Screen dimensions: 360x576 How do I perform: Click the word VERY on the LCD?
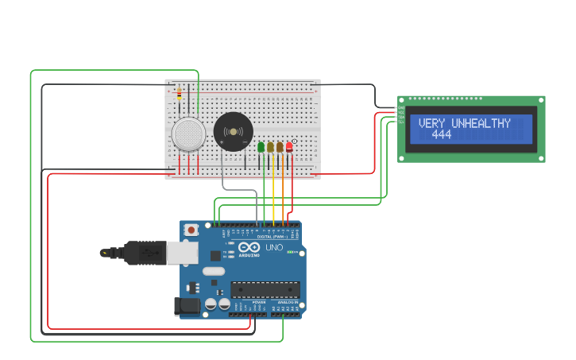point(433,123)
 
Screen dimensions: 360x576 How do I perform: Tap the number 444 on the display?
point(441,135)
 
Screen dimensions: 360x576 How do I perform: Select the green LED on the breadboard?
point(261,147)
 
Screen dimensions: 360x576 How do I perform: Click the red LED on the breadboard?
point(289,147)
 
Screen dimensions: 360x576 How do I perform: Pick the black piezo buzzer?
point(233,130)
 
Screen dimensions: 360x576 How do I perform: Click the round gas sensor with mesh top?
point(189,134)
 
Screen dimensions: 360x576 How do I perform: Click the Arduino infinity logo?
point(249,248)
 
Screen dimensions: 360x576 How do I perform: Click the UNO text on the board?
point(274,248)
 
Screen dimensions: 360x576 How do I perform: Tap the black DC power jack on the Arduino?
point(187,306)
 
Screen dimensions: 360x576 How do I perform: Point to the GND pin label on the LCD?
point(401,107)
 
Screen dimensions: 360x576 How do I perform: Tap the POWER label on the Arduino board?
point(259,303)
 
